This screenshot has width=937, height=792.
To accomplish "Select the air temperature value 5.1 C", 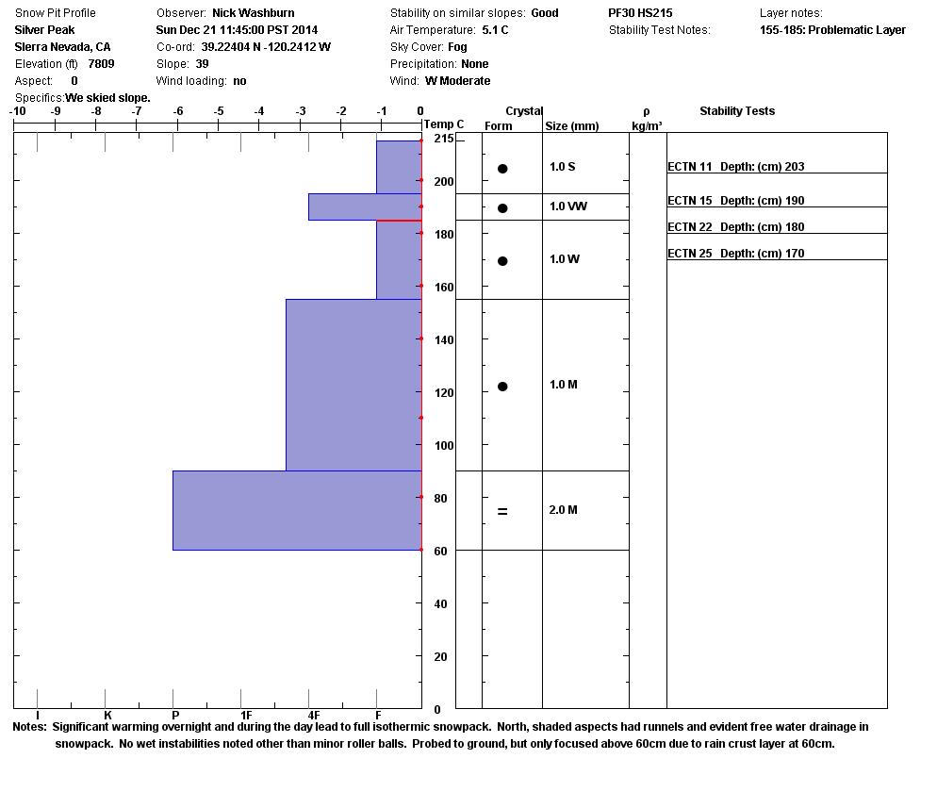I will [x=495, y=30].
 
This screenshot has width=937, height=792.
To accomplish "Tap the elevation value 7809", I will [x=101, y=64].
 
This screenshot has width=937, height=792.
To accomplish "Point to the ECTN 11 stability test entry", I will [x=735, y=167].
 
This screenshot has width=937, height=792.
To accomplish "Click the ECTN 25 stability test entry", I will [x=735, y=254].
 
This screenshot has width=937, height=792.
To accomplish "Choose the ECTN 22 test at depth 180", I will [x=735, y=227].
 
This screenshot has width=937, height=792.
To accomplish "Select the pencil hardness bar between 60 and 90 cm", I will [x=297, y=510].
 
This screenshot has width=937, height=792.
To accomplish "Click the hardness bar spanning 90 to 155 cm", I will [x=353, y=385].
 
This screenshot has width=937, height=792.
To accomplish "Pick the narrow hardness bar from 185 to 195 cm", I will [x=365, y=206].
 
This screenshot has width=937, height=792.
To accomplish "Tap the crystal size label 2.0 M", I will [x=563, y=510].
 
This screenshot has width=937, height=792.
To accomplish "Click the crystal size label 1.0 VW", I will [x=567, y=206].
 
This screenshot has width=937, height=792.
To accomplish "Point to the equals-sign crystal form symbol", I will [x=502, y=511].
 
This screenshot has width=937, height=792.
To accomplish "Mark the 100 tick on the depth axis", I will [x=443, y=446].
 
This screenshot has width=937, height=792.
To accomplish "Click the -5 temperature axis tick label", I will [x=219, y=111].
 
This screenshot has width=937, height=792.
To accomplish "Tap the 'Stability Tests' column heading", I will [x=736, y=111].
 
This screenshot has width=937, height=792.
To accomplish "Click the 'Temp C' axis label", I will [x=443, y=124].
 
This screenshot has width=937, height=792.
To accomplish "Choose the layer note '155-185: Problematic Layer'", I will [x=832, y=30].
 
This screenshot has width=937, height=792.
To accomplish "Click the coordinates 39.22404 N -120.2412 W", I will [x=266, y=47].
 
